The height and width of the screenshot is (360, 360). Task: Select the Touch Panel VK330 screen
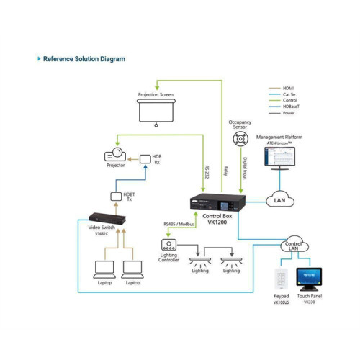(x=309, y=278)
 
